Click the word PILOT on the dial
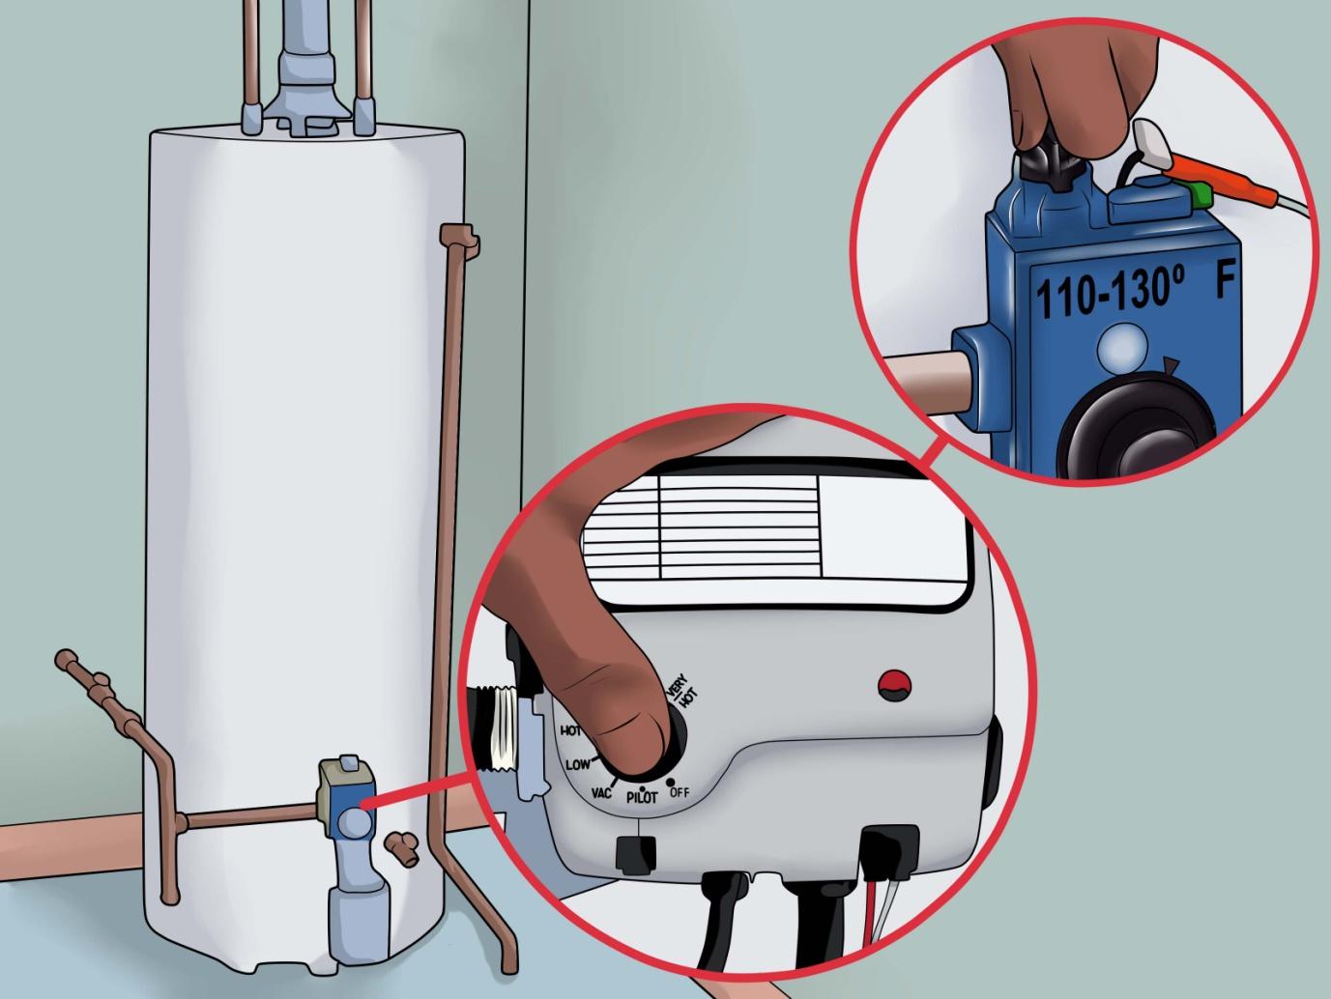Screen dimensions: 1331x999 tap(642, 798)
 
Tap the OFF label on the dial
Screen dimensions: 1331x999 tap(680, 792)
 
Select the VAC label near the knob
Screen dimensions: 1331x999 tap(601, 792)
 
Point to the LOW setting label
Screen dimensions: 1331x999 tap(578, 764)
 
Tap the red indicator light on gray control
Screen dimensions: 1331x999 tap(894, 685)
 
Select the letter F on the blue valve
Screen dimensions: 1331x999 tap(1226, 282)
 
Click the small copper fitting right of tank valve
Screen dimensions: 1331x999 tap(401, 845)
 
